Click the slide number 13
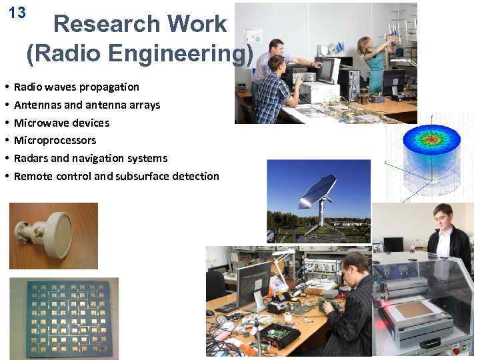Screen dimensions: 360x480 point(17,13)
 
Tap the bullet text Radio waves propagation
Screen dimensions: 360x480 point(77,87)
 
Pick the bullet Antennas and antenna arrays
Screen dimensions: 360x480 point(87,105)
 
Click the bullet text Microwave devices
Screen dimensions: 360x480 point(61,123)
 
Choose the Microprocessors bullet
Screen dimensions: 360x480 point(55,140)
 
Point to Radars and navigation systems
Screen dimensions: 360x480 point(91,158)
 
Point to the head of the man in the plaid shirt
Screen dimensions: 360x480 point(275,64)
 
